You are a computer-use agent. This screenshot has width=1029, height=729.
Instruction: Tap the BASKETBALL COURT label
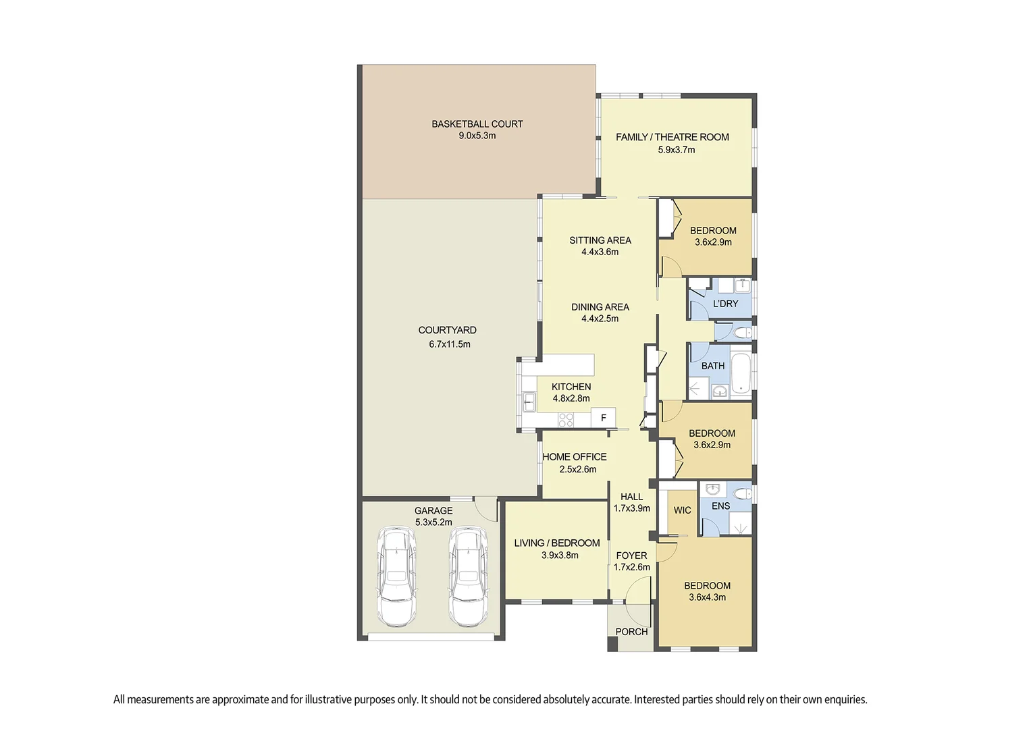pos(477,124)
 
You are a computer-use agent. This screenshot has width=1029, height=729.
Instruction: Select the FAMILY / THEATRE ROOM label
pos(672,137)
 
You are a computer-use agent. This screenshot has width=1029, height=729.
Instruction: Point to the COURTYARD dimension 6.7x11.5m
pos(449,344)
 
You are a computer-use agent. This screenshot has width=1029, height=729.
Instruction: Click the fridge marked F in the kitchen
pos(603,418)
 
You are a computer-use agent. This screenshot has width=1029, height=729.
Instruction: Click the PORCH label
pos(631,632)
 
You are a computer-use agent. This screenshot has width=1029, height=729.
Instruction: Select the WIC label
pos(682,510)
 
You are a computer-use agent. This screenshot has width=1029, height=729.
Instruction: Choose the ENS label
pos(720,506)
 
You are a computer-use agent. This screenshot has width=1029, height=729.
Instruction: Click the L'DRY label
pos(725,304)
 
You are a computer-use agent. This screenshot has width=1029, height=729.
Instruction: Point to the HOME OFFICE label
pos(574,457)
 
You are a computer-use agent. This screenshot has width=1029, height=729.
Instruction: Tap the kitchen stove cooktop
pos(566,419)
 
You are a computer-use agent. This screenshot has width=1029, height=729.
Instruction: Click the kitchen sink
pos(528,402)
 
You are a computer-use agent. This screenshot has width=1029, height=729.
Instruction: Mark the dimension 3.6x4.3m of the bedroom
pos(707,597)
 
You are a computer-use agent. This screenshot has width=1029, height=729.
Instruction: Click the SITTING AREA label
pos(600,240)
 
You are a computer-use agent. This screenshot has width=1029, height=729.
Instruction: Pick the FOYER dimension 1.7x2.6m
pos(631,567)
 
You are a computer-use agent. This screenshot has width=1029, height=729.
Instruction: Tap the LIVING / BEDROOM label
pos(556,543)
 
